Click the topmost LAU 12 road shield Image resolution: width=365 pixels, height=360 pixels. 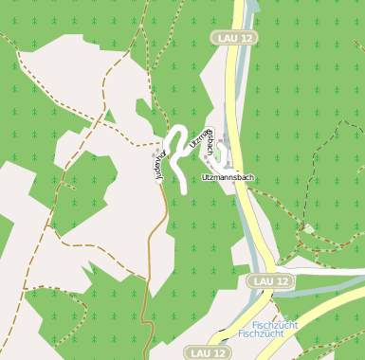[234, 37]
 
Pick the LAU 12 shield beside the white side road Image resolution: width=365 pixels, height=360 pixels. [270, 281]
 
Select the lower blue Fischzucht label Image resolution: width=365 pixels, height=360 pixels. [262, 333]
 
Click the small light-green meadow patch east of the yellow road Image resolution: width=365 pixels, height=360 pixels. [308, 228]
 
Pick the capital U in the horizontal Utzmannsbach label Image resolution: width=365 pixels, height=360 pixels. [205, 177]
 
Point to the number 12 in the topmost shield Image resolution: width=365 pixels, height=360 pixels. [247, 37]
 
